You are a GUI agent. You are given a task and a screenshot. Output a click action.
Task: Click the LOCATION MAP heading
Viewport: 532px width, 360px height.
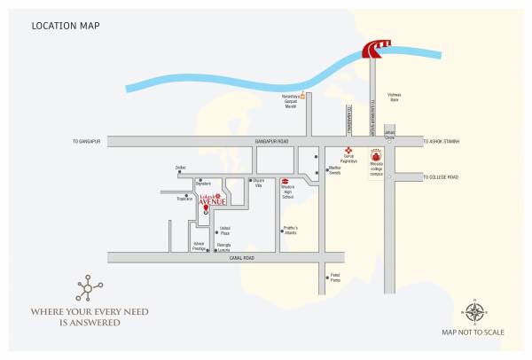click(x=65, y=26)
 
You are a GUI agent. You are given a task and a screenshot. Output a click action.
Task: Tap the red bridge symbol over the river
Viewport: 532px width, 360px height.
click(x=375, y=51)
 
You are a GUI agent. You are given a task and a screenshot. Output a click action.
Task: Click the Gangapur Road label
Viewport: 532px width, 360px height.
click(x=271, y=141)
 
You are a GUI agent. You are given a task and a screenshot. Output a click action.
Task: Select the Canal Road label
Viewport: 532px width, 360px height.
click(x=241, y=257)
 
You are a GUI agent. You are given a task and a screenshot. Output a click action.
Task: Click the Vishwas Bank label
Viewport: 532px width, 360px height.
click(x=394, y=98)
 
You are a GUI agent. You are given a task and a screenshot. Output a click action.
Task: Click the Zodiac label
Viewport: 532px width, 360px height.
click(x=180, y=166)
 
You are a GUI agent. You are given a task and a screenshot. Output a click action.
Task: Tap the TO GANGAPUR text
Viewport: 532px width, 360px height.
click(x=88, y=141)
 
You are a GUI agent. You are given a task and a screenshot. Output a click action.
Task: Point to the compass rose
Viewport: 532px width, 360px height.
click(x=474, y=311)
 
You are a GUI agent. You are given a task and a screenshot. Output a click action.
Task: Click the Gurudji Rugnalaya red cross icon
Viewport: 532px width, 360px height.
click(x=348, y=153)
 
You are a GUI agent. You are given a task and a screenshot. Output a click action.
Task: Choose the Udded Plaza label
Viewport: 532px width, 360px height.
click(x=225, y=230)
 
